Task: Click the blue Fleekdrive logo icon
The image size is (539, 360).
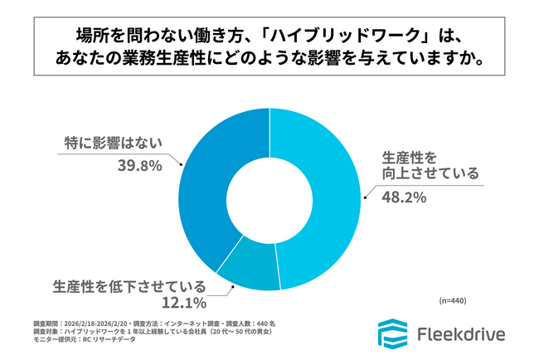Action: click(390, 333)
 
